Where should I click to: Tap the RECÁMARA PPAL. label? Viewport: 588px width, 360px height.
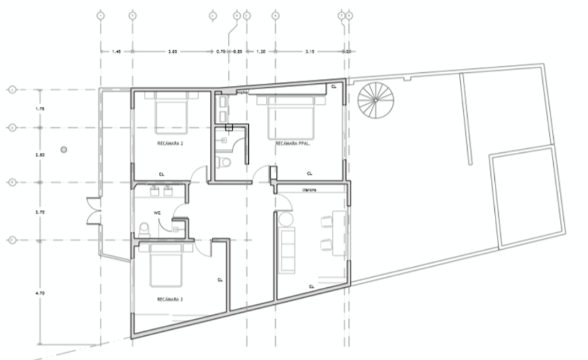click(x=291, y=143)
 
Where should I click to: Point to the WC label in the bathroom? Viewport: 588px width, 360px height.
click(x=157, y=213)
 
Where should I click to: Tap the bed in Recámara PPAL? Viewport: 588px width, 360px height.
click(x=291, y=117)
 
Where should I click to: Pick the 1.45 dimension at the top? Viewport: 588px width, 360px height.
click(x=116, y=51)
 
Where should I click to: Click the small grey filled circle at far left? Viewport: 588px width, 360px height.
click(x=64, y=149)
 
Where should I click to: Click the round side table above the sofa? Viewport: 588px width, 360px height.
click(x=285, y=219)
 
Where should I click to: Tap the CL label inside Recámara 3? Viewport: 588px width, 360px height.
click(x=220, y=280)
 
